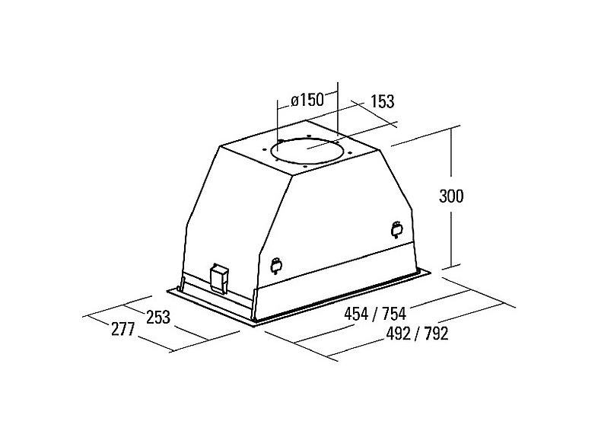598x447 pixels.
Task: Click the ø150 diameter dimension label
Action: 307,101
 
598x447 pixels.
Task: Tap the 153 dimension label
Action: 382,101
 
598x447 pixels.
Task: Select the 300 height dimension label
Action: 452,196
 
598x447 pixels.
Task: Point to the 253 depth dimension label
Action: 158,317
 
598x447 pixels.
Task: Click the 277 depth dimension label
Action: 123,330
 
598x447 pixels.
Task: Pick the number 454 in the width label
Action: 356,314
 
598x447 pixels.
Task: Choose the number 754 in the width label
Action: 393,314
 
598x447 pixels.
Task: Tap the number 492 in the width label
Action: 399,334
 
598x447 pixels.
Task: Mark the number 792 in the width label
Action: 435,334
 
